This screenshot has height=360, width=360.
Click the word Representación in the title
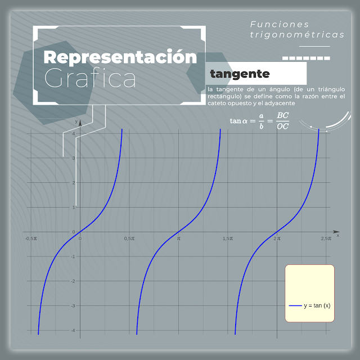(121, 57)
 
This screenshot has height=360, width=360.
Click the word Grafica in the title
(90, 79)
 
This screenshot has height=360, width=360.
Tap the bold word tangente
(240, 74)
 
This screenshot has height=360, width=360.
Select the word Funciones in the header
(280, 24)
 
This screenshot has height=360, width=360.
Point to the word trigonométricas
(298, 35)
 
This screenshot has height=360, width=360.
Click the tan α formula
(260, 120)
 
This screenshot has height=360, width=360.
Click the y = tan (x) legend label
(317, 305)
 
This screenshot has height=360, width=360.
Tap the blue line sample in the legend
(295, 305)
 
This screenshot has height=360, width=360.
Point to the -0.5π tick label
(31, 238)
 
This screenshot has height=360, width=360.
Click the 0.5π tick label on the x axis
(129, 238)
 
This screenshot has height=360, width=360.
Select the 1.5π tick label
(227, 238)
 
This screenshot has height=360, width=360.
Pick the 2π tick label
(277, 238)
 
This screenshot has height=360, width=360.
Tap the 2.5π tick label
(326, 238)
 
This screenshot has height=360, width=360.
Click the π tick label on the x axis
(178, 238)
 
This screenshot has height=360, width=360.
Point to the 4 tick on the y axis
(74, 133)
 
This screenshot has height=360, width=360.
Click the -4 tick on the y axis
(73, 330)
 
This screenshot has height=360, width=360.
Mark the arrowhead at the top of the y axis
(80, 121)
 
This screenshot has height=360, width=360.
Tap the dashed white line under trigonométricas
(305, 58)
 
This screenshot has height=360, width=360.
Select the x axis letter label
(337, 236)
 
